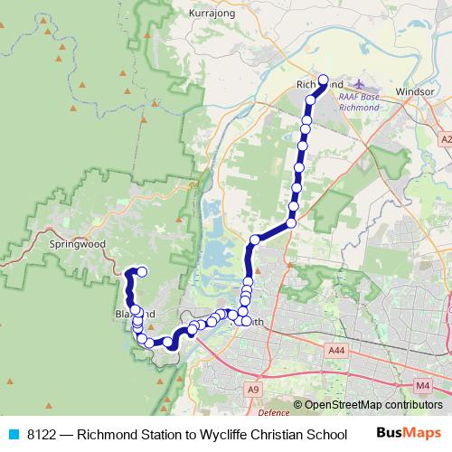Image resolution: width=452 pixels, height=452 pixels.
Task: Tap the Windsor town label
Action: (x=415, y=91)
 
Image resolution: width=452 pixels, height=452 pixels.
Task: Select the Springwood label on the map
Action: (x=78, y=244)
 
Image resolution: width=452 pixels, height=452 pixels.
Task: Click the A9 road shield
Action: (x=253, y=390)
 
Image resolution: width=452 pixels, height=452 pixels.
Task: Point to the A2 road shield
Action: (x=446, y=139)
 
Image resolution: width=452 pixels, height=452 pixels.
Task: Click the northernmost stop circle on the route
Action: (x=323, y=79)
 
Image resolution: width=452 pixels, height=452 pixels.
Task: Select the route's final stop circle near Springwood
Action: (x=142, y=270)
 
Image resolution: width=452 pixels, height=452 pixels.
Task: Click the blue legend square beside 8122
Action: (x=12, y=433)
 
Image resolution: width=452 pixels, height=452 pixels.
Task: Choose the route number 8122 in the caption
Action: (x=42, y=433)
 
